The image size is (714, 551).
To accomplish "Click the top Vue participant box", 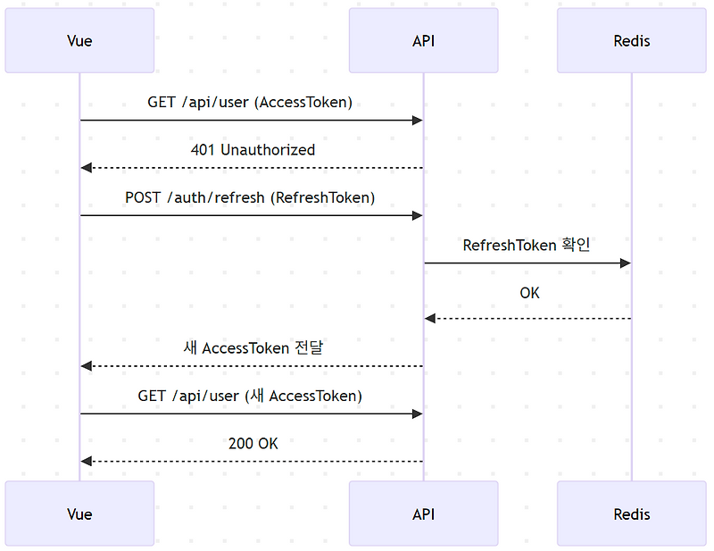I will click(79, 41).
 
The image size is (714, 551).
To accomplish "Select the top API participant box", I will click(423, 41).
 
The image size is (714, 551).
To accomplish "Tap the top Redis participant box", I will click(632, 41).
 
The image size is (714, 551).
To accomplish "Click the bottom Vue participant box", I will click(79, 513).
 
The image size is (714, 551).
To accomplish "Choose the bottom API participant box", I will click(423, 513).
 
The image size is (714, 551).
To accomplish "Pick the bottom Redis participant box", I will click(632, 513).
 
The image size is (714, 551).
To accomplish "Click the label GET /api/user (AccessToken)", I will click(250, 102).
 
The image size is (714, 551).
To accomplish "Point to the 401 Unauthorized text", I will click(253, 150).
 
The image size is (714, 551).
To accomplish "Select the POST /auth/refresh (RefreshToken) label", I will click(250, 197).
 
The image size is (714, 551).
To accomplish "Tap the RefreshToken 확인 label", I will click(527, 245).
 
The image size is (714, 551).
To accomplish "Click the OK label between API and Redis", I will click(529, 293).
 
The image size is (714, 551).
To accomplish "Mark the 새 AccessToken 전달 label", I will click(253, 348).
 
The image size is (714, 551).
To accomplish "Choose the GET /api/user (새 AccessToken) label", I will click(250, 396).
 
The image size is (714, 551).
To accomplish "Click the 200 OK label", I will click(253, 443).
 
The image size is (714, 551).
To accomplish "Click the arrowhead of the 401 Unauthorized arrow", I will click(86, 168).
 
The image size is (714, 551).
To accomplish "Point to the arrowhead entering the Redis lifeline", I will click(625, 263).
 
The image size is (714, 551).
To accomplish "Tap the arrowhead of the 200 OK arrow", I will click(86, 461).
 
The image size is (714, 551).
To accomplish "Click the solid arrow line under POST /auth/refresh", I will click(250, 215).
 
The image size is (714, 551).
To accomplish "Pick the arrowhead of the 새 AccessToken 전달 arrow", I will click(86, 366).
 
